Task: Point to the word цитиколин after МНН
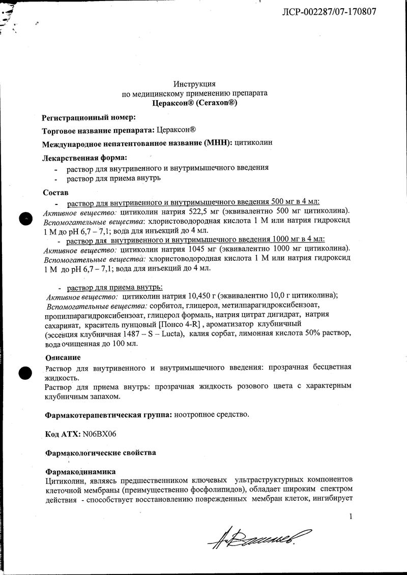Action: (x=253, y=143)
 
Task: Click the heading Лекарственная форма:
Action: (x=84, y=157)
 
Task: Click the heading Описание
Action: (x=63, y=357)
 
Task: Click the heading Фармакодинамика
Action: (x=80, y=472)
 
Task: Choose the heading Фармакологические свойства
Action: (x=101, y=452)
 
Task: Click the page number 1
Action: (x=351, y=517)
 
